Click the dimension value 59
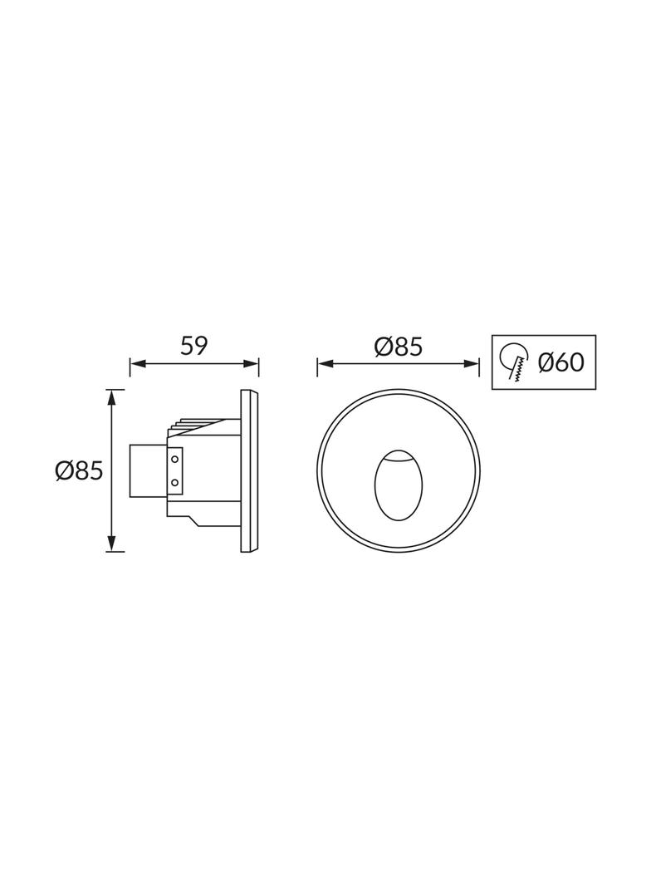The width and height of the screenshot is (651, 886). click(193, 346)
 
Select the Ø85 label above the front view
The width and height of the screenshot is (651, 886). click(398, 346)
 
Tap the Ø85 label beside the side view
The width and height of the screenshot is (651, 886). click(79, 471)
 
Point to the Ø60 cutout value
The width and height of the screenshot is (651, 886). click(560, 362)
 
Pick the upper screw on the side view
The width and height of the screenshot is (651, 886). click(175, 458)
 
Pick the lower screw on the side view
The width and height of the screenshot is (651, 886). click(175, 482)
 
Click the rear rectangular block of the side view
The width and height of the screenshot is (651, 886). click(149, 470)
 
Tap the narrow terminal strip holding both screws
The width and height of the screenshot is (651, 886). click(175, 470)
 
